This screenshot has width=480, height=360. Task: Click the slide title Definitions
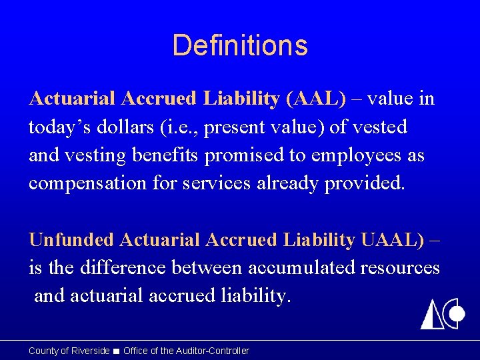coord(240,45)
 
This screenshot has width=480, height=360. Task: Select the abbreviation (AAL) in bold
coord(315,99)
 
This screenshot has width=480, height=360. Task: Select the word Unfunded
coord(69,239)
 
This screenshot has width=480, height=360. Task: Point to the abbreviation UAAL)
coord(392,239)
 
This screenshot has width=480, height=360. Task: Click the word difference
coord(123,267)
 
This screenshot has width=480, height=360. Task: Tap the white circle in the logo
coord(457,314)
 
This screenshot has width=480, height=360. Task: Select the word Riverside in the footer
coord(89,351)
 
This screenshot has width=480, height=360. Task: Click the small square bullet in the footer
coord(117,351)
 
